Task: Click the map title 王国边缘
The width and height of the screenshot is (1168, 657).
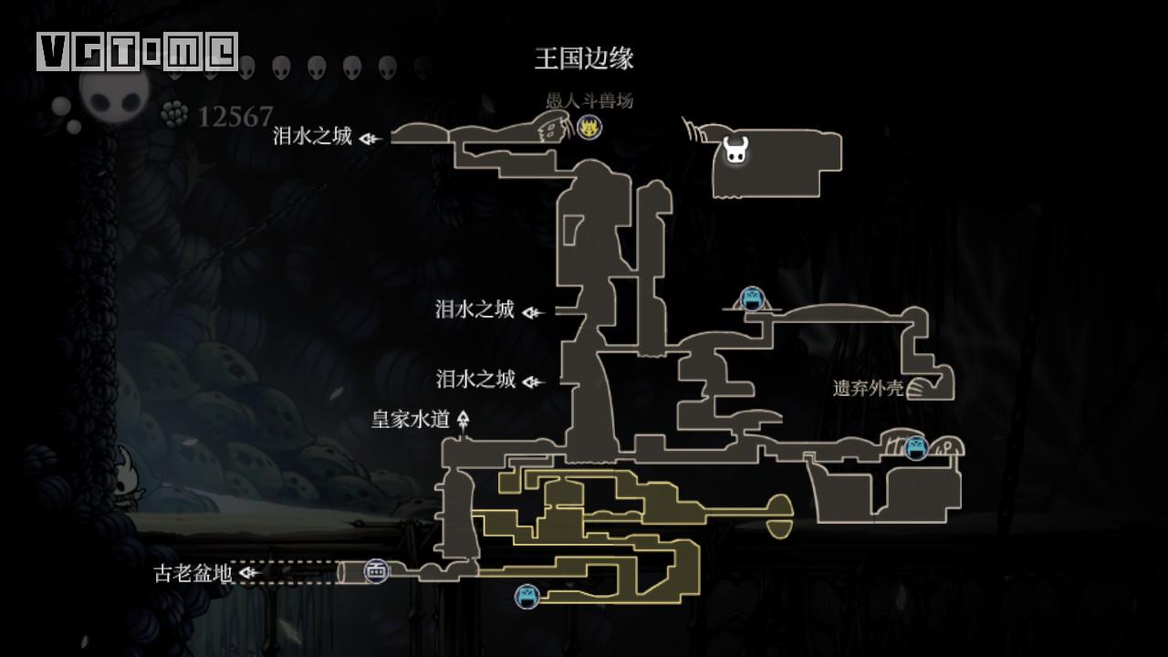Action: click(x=584, y=58)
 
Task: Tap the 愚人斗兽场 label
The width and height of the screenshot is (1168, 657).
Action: click(x=589, y=100)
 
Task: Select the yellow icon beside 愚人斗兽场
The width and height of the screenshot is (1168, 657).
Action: click(x=589, y=128)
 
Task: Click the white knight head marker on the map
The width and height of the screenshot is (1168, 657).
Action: click(x=735, y=150)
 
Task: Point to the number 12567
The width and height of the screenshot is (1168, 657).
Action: click(x=235, y=117)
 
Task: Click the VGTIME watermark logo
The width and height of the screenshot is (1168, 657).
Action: click(x=138, y=52)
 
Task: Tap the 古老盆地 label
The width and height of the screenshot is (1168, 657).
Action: click(x=193, y=573)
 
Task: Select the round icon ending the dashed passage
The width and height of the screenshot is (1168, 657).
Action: click(x=376, y=571)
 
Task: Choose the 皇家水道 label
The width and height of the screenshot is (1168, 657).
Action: click(x=411, y=419)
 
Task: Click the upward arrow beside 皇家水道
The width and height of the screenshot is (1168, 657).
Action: click(x=464, y=420)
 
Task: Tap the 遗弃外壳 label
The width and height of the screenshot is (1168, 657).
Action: click(x=868, y=388)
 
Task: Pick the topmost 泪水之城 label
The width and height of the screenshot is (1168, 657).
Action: click(x=312, y=136)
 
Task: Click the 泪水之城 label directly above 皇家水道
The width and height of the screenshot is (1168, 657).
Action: click(x=475, y=379)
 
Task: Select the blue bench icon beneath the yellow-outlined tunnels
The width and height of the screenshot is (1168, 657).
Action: click(x=527, y=597)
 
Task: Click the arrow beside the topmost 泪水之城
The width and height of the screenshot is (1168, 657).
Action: click(x=370, y=139)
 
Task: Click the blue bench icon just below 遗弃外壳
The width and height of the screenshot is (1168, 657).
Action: click(x=916, y=448)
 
